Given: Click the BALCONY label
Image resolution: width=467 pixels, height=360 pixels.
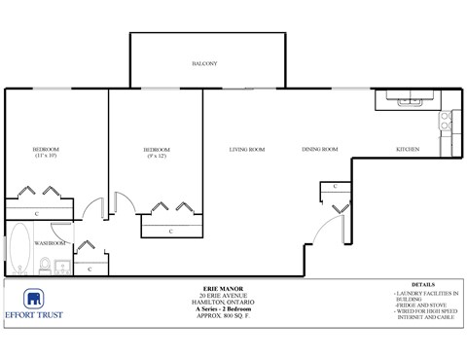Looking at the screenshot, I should [x=203, y=64].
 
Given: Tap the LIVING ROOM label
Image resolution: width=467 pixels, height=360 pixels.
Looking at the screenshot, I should [x=247, y=149].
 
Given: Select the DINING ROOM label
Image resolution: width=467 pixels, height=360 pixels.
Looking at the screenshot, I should [x=319, y=149].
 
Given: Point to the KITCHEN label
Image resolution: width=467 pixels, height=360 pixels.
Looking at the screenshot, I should [x=407, y=149].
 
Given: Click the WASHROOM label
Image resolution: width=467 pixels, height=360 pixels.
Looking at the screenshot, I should [x=51, y=242].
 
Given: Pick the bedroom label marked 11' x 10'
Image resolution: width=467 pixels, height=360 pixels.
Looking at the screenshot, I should [x=47, y=152].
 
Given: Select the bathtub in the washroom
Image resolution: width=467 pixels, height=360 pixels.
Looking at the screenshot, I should [x=19, y=249].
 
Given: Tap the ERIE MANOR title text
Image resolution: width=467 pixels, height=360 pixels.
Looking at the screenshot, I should [x=233, y=290].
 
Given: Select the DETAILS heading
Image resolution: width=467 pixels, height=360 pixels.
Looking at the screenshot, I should [x=423, y=286].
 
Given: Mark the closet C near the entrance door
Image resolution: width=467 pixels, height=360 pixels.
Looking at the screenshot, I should [x=335, y=186].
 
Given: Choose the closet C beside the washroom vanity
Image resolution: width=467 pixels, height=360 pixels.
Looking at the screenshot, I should [x=90, y=268].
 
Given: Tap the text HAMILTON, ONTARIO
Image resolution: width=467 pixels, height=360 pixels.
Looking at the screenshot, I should [x=233, y=304].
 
